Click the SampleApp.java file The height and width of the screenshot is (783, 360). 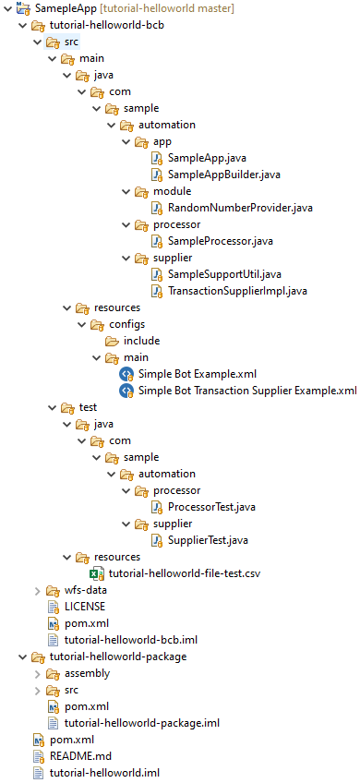point(207,158)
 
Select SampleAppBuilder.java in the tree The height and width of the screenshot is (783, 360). point(224,175)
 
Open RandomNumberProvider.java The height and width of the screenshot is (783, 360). point(240,208)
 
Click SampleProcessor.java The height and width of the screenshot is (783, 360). point(221,241)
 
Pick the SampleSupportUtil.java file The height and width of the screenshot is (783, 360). point(225,274)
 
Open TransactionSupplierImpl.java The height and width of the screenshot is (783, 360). point(237,291)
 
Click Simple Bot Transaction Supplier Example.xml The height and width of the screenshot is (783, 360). point(248,390)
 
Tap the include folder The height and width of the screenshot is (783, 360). point(142,341)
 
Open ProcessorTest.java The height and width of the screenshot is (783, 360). point(211,507)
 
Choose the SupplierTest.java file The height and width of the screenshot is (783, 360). point(209,540)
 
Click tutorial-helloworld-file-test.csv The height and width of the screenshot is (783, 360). point(185,572)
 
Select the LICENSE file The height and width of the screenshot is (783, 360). point(85,607)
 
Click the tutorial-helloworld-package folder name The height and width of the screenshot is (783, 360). point(118,657)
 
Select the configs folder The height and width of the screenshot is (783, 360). point(126,324)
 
